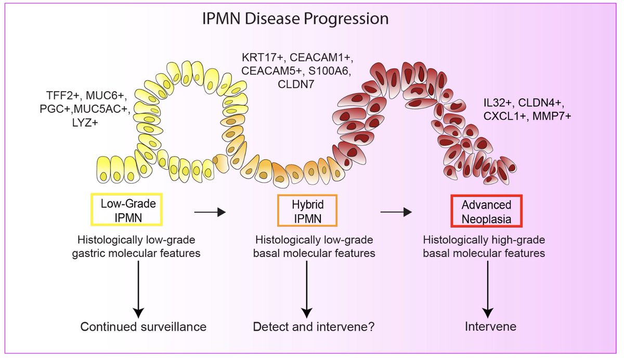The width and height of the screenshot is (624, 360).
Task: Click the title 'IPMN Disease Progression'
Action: (295, 19)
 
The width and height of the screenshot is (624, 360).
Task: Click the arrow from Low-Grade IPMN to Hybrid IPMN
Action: (210, 212)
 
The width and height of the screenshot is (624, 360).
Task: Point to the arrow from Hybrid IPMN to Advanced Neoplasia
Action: (396, 212)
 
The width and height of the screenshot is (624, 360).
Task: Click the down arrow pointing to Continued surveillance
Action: (138, 289)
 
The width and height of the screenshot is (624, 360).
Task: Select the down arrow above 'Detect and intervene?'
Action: (307, 289)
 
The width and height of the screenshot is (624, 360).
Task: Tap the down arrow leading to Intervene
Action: (488, 289)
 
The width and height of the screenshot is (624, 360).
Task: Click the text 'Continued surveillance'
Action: (144, 327)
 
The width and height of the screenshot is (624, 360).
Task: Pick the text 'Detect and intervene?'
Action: (314, 327)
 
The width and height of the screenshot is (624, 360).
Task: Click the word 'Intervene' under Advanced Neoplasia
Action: (490, 327)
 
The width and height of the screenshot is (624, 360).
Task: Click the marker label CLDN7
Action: (296, 84)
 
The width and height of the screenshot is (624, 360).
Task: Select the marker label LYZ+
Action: (85, 122)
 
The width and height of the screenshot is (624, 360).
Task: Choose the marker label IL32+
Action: (498, 103)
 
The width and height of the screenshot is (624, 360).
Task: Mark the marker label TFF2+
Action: (63, 96)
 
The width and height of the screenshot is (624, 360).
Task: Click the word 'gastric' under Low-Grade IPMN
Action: (88, 253)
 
